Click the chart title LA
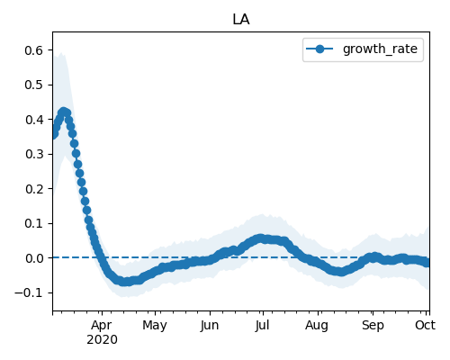(x=241, y=20)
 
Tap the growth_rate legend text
(x=380, y=49)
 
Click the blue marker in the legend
(x=319, y=49)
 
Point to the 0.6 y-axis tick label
(x=34, y=50)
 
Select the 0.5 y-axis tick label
(x=34, y=85)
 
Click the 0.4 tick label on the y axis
(x=34, y=120)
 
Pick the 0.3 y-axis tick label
(x=34, y=154)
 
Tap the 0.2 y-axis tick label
(x=34, y=189)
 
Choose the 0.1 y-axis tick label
(x=34, y=223)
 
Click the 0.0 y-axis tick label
(x=34, y=258)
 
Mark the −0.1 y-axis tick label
(x=29, y=292)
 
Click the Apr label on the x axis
(x=102, y=326)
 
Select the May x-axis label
(x=155, y=326)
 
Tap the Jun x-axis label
(x=210, y=326)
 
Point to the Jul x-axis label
(x=263, y=326)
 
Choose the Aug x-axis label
(x=317, y=326)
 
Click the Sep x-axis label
(x=373, y=326)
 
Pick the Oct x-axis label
(x=426, y=326)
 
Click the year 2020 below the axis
(x=102, y=340)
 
